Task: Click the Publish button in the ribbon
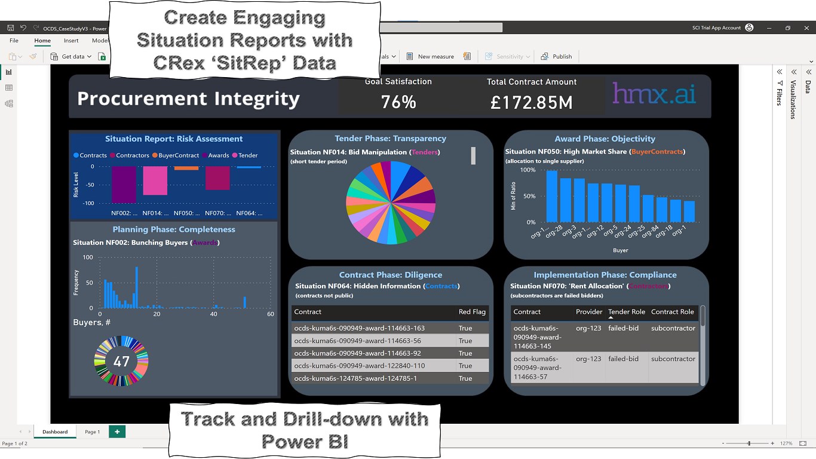point(557,57)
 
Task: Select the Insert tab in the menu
point(71,41)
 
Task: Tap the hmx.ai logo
point(654,94)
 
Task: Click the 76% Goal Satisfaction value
point(398,102)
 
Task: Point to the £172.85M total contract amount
point(531,103)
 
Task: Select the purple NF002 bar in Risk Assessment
point(124,184)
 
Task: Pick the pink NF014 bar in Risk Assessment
point(155,180)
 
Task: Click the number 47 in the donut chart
point(121,362)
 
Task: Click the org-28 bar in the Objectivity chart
point(565,200)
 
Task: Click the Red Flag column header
point(472,312)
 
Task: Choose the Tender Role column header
point(623,312)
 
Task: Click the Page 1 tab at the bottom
point(93,432)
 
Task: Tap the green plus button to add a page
point(117,432)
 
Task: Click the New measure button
point(430,57)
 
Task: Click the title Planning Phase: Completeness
point(174,229)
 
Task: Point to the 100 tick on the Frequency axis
point(88,258)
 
